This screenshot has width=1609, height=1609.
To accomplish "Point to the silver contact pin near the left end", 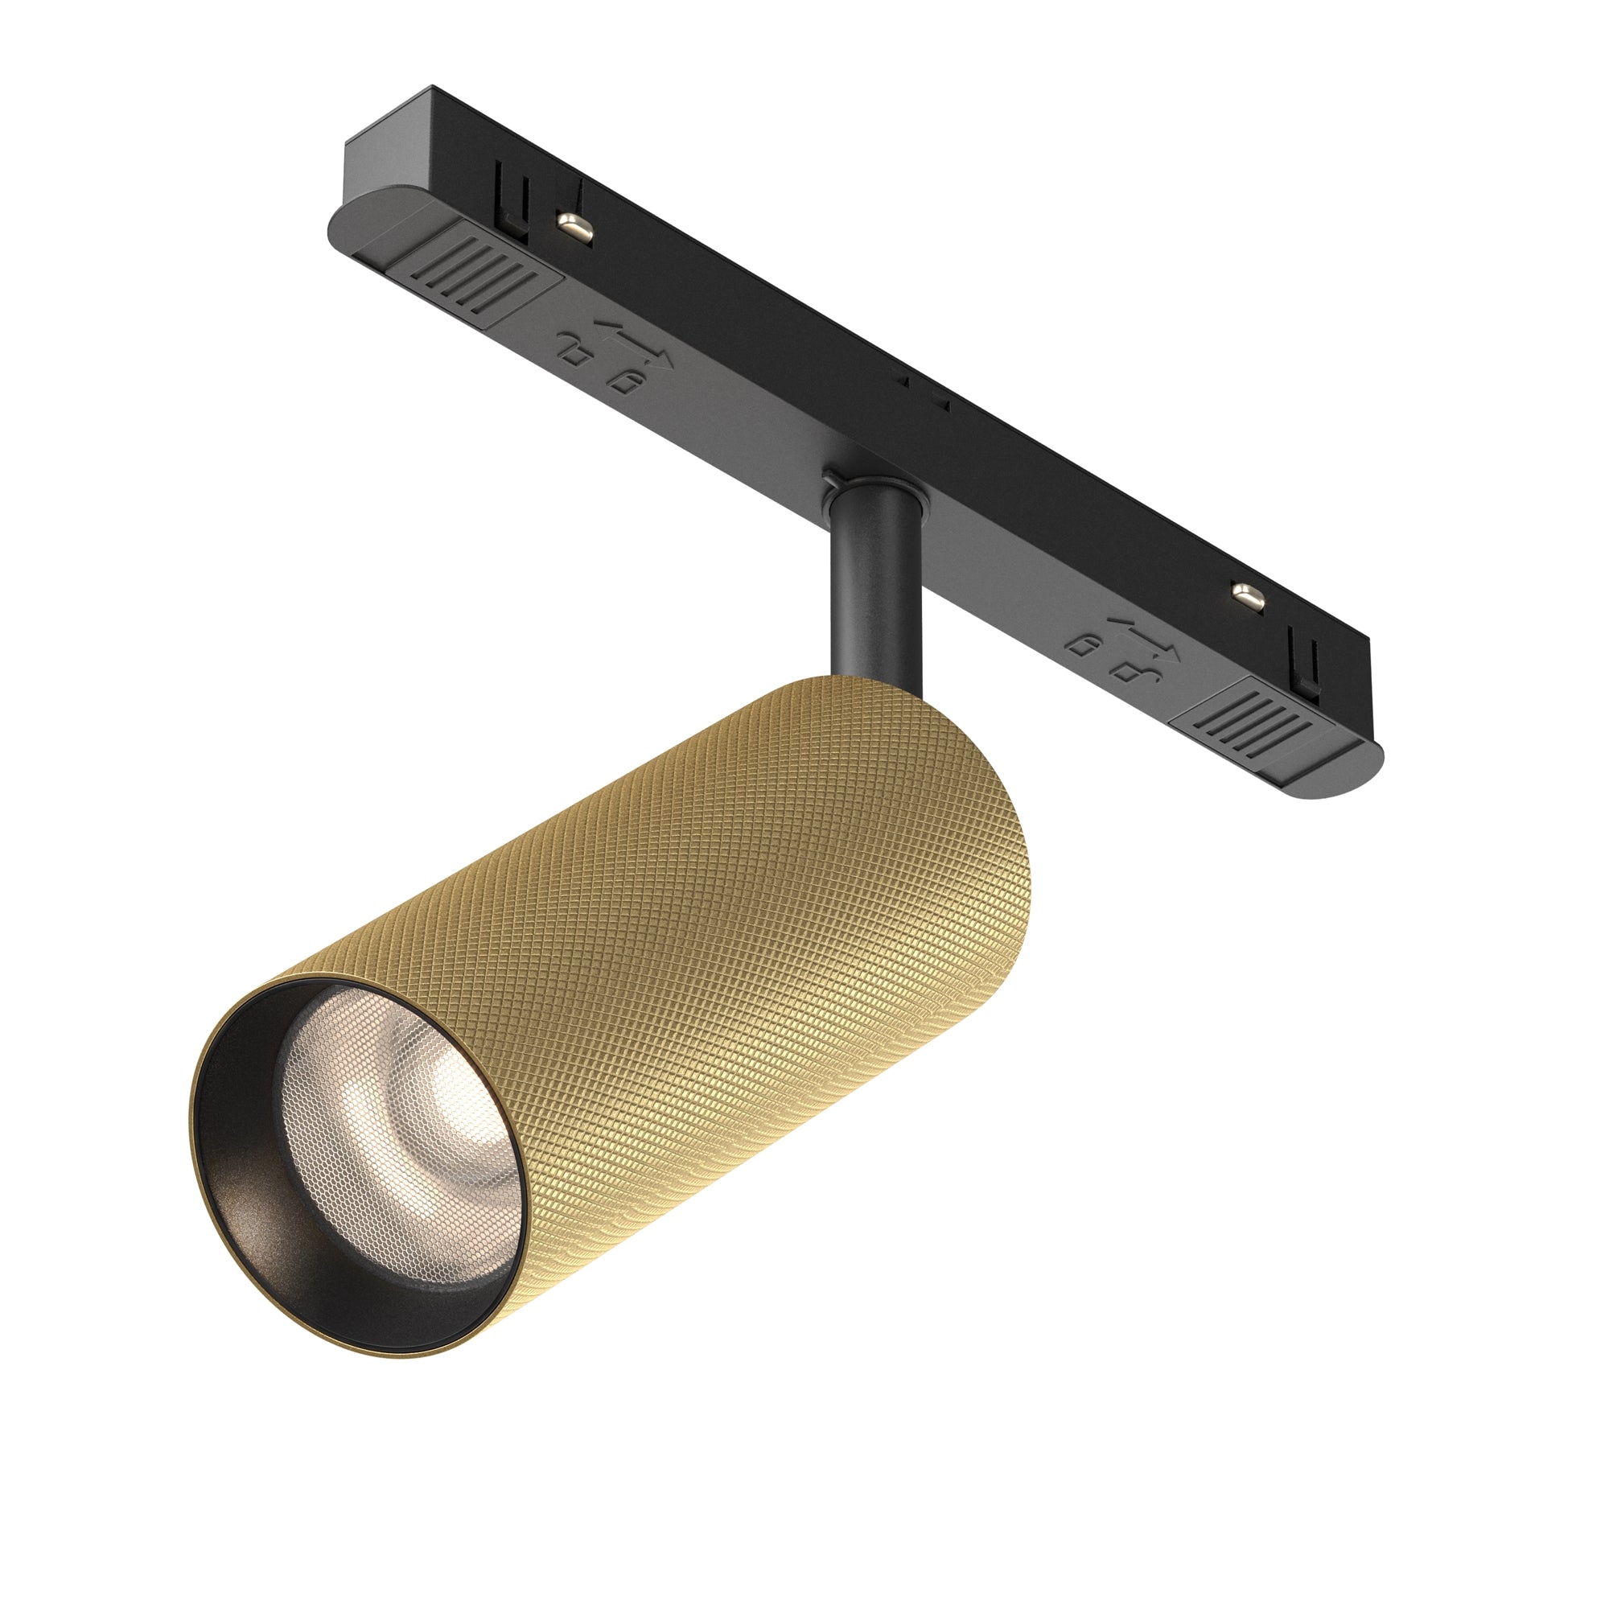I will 574,226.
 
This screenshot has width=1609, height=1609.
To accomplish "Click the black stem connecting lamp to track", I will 874,583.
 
